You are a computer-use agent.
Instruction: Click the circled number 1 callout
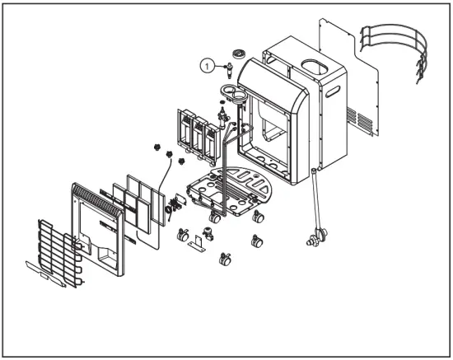208,63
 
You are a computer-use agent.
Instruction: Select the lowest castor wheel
223,263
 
